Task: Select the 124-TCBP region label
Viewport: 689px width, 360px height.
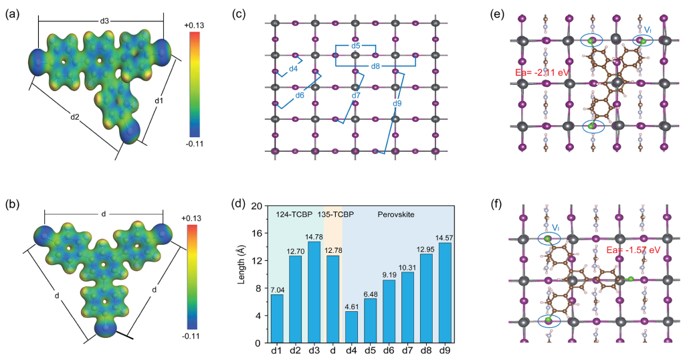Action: (294, 214)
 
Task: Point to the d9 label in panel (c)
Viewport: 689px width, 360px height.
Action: (397, 103)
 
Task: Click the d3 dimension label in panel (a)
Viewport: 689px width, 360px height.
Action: (104, 21)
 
